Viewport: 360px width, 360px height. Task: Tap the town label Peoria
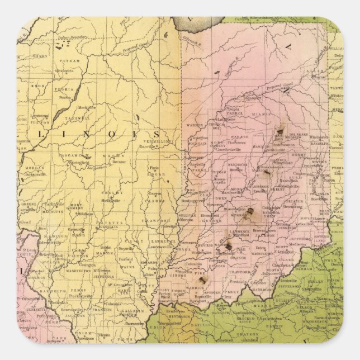[65, 97]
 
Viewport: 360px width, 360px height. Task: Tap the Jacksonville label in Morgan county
[35, 174]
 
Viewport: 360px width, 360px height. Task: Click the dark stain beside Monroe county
[250, 212]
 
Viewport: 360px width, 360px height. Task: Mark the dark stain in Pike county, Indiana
[203, 278]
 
